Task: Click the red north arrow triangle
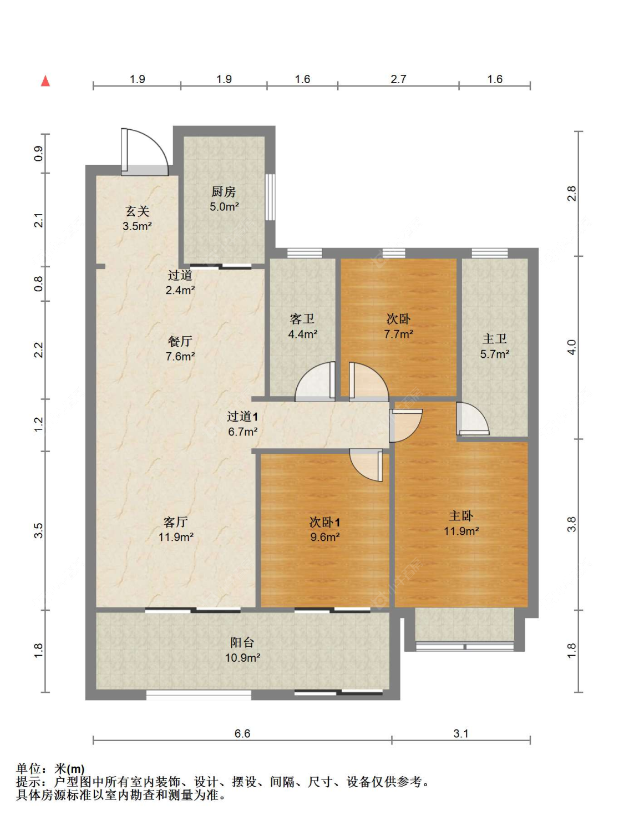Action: point(45,81)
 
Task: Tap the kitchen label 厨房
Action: point(224,191)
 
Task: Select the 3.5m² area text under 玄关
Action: point(137,226)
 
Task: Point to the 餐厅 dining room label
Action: point(180,341)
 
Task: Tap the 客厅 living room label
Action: point(176,521)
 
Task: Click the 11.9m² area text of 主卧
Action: point(461,531)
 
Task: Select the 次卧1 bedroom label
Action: point(325,522)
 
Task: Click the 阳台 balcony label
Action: point(242,642)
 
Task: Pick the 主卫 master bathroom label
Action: point(495,339)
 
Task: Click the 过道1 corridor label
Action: point(242,416)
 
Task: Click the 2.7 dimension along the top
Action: point(398,79)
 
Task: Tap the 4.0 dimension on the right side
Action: point(571,347)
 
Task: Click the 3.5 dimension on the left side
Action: point(39,530)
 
